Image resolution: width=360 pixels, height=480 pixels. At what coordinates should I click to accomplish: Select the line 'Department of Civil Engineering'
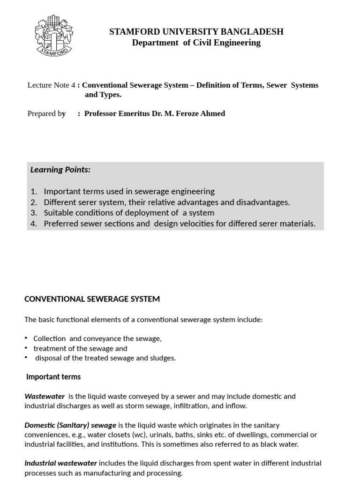(196, 43)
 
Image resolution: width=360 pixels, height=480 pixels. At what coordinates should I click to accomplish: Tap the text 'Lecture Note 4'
(51, 85)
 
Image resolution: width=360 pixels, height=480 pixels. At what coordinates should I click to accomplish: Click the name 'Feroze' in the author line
(190, 113)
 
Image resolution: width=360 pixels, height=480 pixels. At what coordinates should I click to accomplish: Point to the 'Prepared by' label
(46, 113)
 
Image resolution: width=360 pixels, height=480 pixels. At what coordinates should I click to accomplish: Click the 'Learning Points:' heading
(60, 170)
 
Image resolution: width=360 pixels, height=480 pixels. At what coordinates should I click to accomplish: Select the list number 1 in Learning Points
(33, 191)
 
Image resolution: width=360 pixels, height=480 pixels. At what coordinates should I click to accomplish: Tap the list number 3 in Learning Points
(33, 213)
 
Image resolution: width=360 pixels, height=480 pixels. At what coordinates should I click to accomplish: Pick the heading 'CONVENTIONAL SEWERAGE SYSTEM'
(92, 299)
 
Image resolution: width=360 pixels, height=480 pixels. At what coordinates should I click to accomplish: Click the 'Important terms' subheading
(53, 377)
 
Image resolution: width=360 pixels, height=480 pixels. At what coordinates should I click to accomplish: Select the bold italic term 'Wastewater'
(45, 397)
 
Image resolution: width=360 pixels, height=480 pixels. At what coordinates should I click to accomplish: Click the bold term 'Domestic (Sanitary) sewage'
(70, 425)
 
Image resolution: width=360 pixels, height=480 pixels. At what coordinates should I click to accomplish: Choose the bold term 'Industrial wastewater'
(61, 463)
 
